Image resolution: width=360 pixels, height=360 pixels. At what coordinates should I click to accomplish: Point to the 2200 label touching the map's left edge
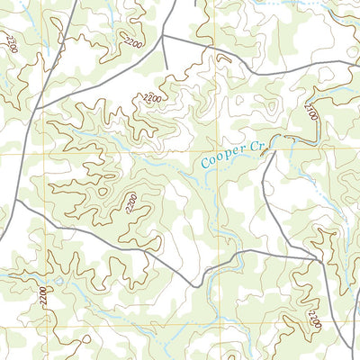[11, 40]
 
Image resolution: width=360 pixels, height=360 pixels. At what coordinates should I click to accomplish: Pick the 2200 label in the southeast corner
[312, 317]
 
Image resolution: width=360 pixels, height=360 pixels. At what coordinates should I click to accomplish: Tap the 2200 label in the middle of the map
[132, 203]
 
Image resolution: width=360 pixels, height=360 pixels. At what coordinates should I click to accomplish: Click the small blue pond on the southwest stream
[58, 282]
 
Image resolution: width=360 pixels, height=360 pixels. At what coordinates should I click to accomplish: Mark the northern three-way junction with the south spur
[164, 37]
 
